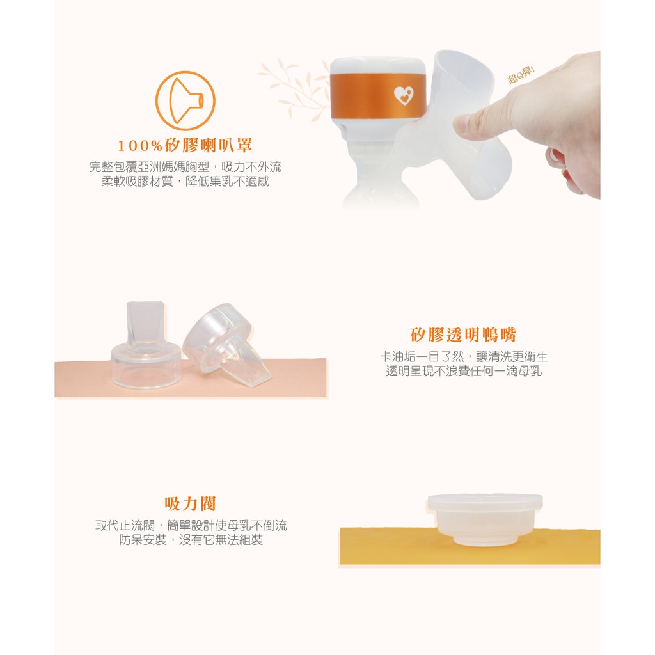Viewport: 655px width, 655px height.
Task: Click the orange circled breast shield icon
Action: tap(185, 100)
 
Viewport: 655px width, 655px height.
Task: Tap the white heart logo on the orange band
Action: tap(404, 96)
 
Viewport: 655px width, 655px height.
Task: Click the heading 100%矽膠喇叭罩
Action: tap(185, 145)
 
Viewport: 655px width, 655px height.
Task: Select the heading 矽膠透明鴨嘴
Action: tap(463, 335)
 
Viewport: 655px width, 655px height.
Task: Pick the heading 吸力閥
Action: tap(190, 504)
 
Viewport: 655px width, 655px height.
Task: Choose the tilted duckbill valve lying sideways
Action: tap(227, 343)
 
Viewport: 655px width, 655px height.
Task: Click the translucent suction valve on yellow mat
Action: tap(485, 519)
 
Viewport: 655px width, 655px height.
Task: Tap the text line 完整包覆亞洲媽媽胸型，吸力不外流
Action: tap(185, 167)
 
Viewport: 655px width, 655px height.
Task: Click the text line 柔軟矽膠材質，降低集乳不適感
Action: tap(185, 181)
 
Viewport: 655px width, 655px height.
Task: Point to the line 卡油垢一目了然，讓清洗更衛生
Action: tap(464, 356)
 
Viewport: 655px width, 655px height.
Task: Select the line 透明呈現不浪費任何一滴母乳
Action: tap(464, 371)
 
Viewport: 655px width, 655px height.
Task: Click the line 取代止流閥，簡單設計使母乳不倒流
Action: tap(191, 525)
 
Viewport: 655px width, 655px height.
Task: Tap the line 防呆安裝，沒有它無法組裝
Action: tap(191, 540)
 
